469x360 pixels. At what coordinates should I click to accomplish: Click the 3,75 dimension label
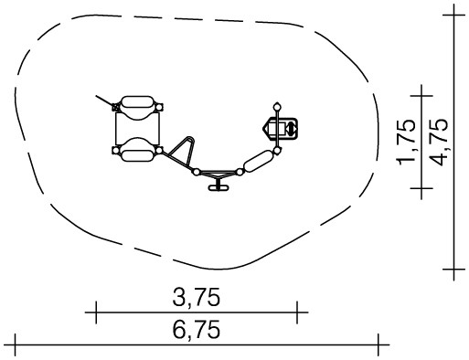tap(196, 297)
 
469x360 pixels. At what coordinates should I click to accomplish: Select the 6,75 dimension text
tap(196, 330)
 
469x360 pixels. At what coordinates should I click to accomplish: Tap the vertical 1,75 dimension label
tap(407, 142)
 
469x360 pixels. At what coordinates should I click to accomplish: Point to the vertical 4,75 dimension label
tap(439, 142)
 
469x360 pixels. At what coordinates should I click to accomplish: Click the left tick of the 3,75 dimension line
tap(96, 312)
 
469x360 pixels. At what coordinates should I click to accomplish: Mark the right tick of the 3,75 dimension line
tap(297, 312)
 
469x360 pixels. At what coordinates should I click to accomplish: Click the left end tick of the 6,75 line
tap(15, 344)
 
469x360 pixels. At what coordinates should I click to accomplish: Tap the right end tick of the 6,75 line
tap(378, 344)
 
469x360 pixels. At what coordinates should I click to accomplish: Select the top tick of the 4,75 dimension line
tap(454, 15)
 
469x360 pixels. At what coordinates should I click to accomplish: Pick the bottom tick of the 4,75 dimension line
tap(454, 270)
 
